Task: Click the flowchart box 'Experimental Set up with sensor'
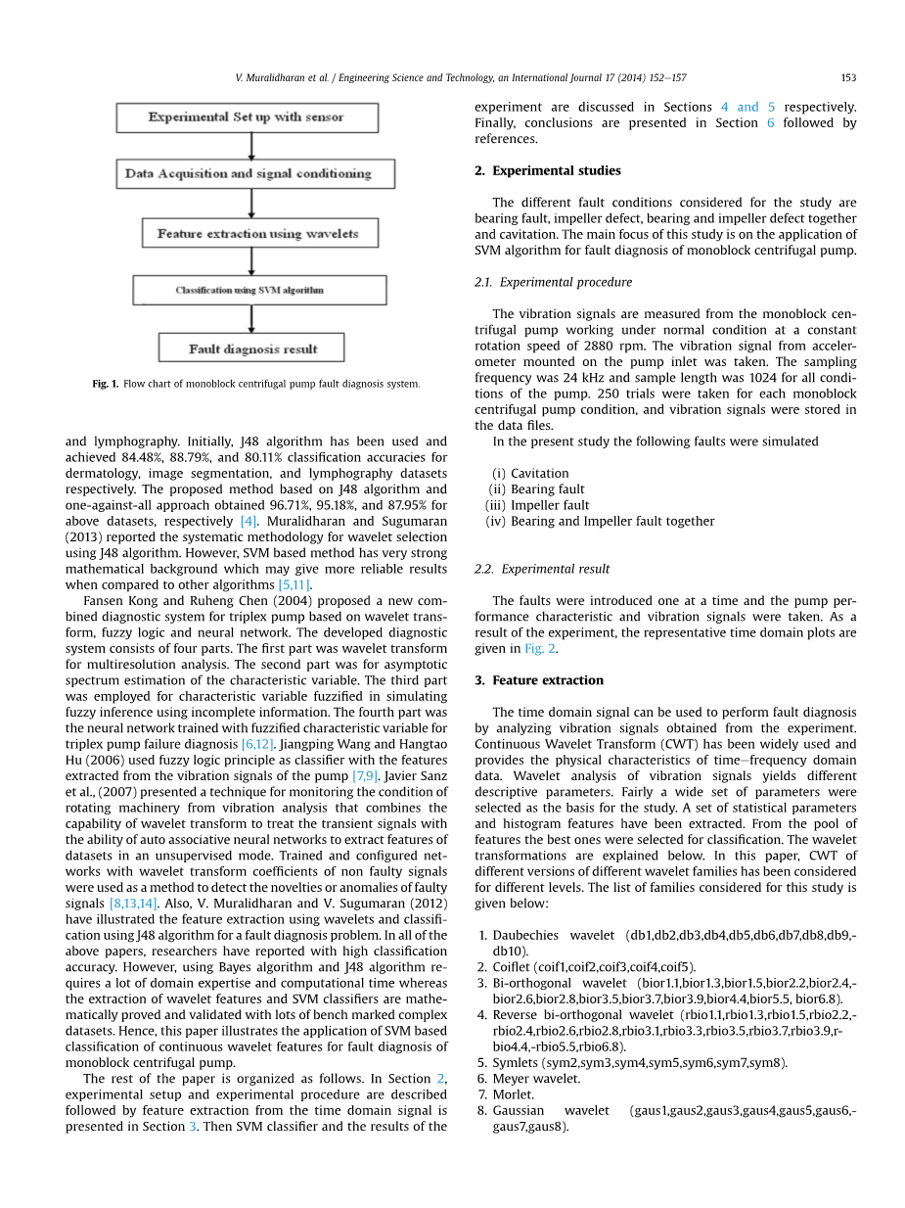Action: pyautogui.click(x=247, y=117)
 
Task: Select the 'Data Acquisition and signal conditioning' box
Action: pyautogui.click(x=249, y=174)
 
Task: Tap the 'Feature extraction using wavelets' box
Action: pyautogui.click(x=257, y=234)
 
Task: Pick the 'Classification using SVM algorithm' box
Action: pyautogui.click(x=259, y=290)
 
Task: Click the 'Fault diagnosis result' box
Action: pyautogui.click(x=251, y=348)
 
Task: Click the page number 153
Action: pyautogui.click(x=848, y=77)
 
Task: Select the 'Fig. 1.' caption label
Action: pyautogui.click(x=106, y=384)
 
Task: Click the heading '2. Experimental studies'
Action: pyautogui.click(x=547, y=170)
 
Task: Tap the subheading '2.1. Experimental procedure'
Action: pyautogui.click(x=553, y=282)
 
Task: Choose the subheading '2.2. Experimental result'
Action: pyautogui.click(x=542, y=569)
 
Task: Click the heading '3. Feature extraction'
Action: pyautogui.click(x=539, y=680)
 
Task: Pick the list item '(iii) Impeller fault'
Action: pyautogui.click(x=537, y=506)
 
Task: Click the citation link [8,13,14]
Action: pyautogui.click(x=132, y=904)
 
